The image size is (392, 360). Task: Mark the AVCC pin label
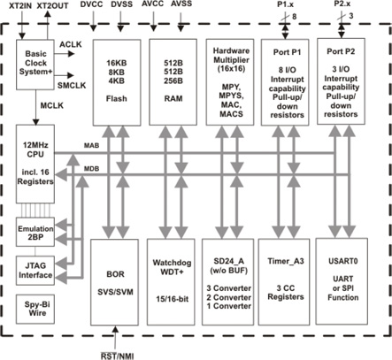click(177, 5)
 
